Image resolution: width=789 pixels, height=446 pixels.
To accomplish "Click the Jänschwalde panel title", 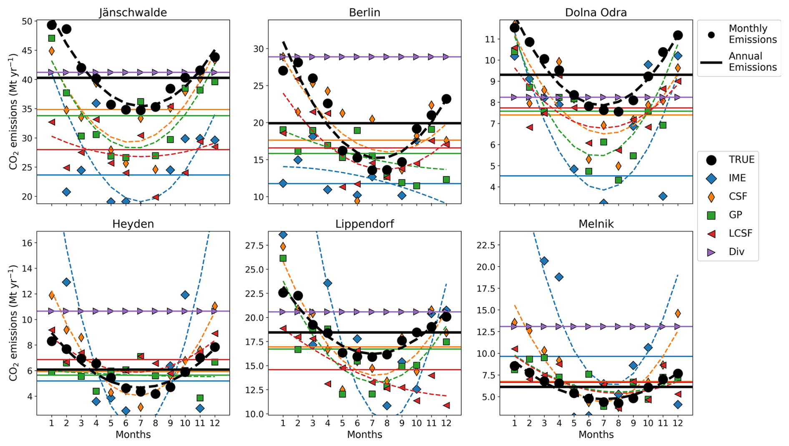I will click(x=133, y=13).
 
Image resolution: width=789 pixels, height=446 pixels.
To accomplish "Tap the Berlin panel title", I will click(x=364, y=13).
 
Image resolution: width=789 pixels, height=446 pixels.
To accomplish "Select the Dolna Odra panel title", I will click(x=596, y=13).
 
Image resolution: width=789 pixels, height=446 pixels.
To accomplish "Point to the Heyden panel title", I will click(x=133, y=224).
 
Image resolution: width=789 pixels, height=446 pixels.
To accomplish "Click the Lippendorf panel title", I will click(x=364, y=224).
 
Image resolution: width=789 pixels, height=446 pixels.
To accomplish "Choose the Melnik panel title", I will click(x=596, y=224).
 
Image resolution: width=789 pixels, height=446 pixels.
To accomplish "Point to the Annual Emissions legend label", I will click(x=752, y=62).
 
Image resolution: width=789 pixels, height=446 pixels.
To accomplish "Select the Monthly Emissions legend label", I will click(x=752, y=34).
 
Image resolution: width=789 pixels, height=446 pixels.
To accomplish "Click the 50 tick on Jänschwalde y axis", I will click(x=27, y=21).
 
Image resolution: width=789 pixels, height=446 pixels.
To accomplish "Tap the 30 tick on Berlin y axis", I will click(x=258, y=49).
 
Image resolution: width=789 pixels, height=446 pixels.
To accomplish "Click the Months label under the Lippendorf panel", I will click(x=364, y=435).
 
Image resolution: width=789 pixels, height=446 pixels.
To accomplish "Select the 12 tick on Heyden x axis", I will click(x=215, y=423).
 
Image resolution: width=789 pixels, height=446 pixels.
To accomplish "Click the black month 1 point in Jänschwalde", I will click(x=52, y=25).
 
